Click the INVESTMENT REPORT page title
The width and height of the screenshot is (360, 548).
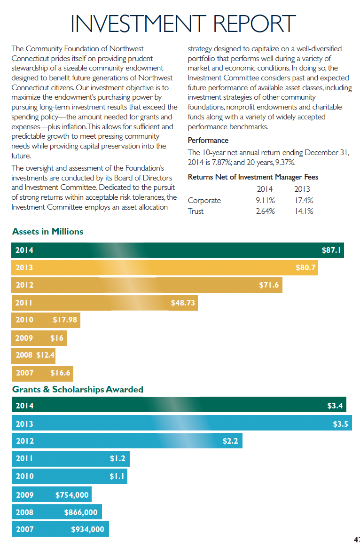pyautogui.click(x=183, y=24)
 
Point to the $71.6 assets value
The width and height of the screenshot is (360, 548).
pyautogui.click(x=269, y=285)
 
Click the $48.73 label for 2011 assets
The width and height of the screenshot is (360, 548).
pyautogui.click(x=183, y=303)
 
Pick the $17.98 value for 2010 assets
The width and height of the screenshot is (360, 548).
pyautogui.click(x=65, y=320)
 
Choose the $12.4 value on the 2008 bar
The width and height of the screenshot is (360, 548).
pyautogui.click(x=45, y=355)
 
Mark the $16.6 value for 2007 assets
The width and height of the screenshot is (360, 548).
pyautogui.click(x=60, y=373)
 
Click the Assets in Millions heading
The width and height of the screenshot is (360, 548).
pyautogui.click(x=47, y=231)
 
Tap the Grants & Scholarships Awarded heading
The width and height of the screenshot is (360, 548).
pyautogui.click(x=78, y=390)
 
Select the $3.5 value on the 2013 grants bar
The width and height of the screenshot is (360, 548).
pyautogui.click(x=340, y=424)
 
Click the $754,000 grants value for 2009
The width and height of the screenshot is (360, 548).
pyautogui.click(x=72, y=494)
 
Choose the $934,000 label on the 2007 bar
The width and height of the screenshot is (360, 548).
pyautogui.click(x=87, y=529)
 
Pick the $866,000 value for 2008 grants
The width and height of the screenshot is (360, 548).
pyautogui.click(x=81, y=512)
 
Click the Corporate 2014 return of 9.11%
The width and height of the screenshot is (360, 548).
pyautogui.click(x=266, y=201)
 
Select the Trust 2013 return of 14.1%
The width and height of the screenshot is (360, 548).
pyautogui.click(x=304, y=211)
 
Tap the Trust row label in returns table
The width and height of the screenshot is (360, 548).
pyautogui.click(x=196, y=211)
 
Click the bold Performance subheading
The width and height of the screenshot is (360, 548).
pyautogui.click(x=208, y=140)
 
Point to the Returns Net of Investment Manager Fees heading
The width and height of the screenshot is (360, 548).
pyautogui.click(x=253, y=177)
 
